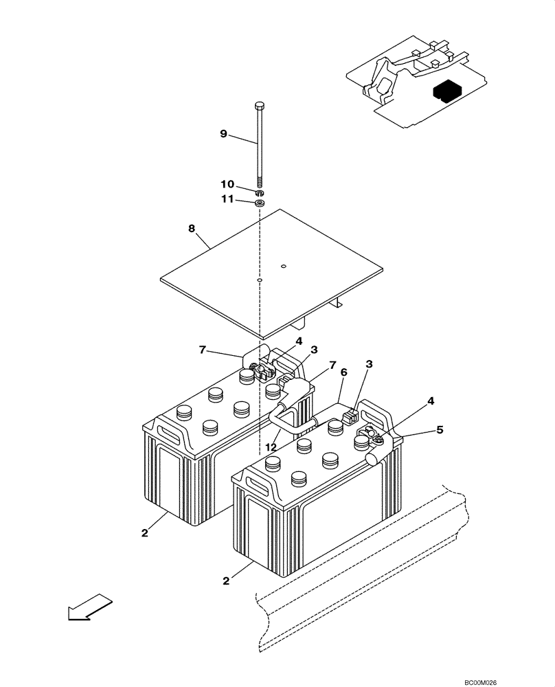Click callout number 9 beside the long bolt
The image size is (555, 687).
[x=223, y=134]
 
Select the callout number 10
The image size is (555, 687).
[x=227, y=185]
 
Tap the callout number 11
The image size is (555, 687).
[x=226, y=200]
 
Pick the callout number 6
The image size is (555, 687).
[x=344, y=372]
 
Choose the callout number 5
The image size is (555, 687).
[x=440, y=430]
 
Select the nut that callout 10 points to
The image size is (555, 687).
[x=260, y=193]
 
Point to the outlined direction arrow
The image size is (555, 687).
[x=89, y=605]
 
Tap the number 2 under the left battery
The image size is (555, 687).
[x=146, y=533]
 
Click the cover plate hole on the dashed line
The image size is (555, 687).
[x=260, y=280]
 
